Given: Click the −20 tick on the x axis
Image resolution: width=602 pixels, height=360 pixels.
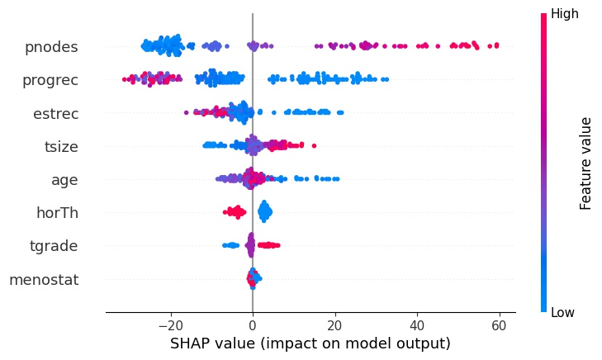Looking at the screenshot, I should (x=170, y=326).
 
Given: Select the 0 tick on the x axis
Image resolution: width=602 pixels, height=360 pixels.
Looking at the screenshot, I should (x=253, y=326).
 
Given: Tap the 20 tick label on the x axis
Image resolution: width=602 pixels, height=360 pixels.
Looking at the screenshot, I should (x=334, y=326).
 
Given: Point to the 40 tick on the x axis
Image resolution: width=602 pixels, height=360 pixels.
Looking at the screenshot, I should (x=417, y=326).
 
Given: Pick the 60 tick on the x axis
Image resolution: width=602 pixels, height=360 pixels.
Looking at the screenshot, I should (x=499, y=326).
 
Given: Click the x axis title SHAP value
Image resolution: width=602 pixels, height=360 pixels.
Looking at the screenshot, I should (x=310, y=343).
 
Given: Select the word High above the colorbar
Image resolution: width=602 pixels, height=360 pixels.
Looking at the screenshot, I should (x=564, y=14).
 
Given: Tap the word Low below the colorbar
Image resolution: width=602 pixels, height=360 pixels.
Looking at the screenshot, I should (x=562, y=313).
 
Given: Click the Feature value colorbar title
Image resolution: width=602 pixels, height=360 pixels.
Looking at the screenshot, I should (x=586, y=163).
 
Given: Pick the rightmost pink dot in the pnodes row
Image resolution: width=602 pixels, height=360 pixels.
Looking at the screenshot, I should (x=495, y=46).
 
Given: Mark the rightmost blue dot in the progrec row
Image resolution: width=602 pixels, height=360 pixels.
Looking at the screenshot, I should (x=386, y=79).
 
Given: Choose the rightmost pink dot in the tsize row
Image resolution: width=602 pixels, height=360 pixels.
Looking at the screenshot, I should (x=313, y=146).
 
